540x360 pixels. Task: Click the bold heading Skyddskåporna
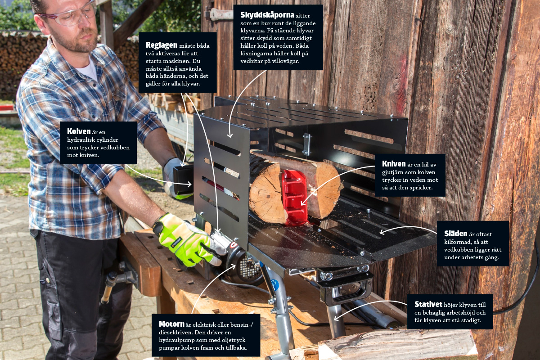[267, 15]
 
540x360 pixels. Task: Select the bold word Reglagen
[161, 45]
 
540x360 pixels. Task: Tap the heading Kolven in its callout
[79, 131]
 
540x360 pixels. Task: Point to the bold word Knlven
[394, 164]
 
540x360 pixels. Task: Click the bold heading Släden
[455, 234]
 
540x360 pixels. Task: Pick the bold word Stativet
[428, 304]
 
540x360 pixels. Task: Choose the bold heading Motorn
[171, 324]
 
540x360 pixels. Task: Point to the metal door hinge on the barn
[220, 14]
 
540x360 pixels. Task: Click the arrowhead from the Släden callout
[382, 232]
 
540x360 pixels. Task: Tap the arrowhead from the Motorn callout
[233, 266]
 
